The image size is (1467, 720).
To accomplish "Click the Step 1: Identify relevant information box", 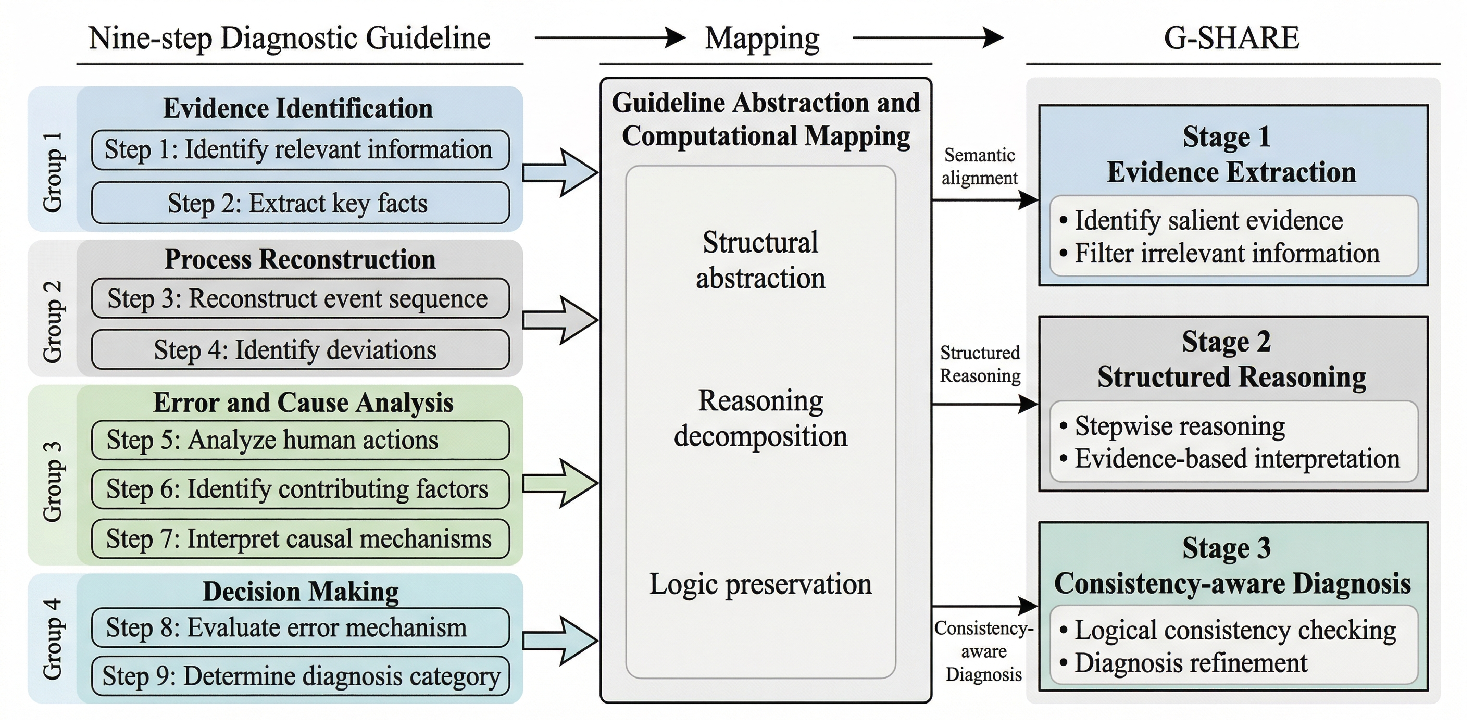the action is (300, 150).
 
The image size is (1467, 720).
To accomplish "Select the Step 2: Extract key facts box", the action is (300, 203).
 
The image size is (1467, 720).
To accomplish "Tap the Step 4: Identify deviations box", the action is (300, 349).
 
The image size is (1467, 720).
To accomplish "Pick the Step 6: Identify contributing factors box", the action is (300, 489).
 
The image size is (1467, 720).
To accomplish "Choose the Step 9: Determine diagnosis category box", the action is (300, 676).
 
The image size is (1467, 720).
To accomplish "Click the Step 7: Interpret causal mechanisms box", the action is (300, 538).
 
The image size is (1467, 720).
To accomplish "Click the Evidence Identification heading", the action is (298, 108).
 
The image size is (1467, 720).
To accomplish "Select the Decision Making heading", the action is (301, 591).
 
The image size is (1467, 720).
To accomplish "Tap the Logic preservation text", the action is (760, 584).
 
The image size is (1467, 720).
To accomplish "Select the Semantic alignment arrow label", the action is (980, 166).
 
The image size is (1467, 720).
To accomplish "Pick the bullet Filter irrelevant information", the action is (1220, 253).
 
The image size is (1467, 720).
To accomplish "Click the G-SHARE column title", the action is (1231, 38).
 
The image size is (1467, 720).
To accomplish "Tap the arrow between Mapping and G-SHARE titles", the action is (928, 38).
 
